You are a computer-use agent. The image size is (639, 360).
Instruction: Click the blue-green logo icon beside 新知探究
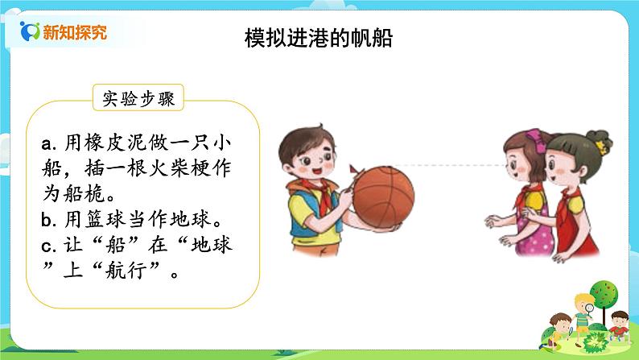(x=28, y=32)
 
